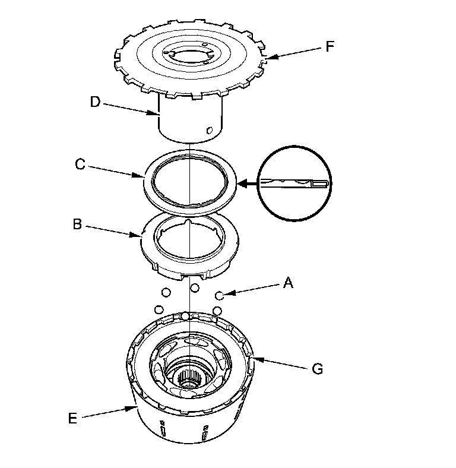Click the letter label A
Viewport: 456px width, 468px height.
289,283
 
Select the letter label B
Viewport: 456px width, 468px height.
77,225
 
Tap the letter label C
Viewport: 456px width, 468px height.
80,164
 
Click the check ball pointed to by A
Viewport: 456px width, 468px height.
219,295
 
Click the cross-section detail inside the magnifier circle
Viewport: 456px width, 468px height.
294,184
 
